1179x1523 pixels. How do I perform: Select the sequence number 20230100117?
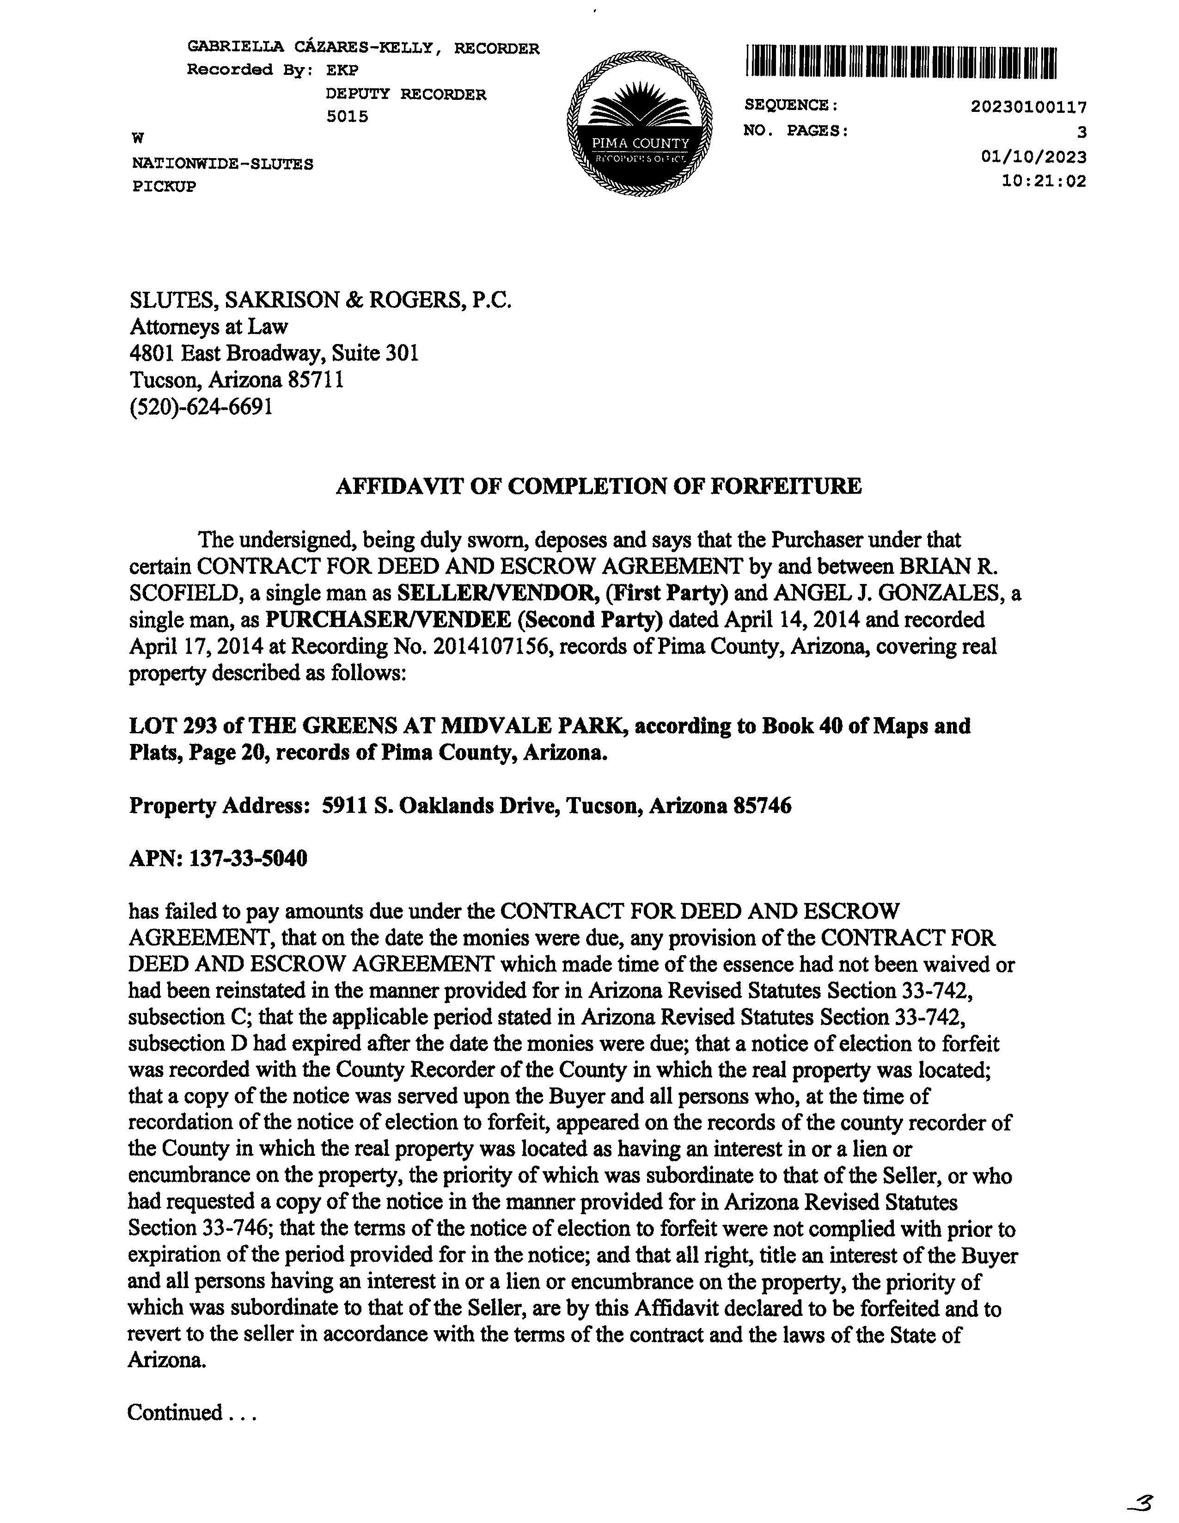pyautogui.click(x=1028, y=107)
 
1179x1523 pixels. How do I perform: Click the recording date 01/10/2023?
pyautogui.click(x=1033, y=157)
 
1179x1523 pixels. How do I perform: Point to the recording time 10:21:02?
pyautogui.click(x=1043, y=181)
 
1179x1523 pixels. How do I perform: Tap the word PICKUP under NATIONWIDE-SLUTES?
pyautogui.click(x=164, y=186)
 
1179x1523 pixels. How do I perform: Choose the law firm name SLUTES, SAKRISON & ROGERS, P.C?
pyautogui.click(x=321, y=300)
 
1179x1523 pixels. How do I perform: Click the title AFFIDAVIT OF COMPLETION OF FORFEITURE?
pyautogui.click(x=598, y=486)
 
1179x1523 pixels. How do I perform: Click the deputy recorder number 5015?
pyautogui.click(x=347, y=117)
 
